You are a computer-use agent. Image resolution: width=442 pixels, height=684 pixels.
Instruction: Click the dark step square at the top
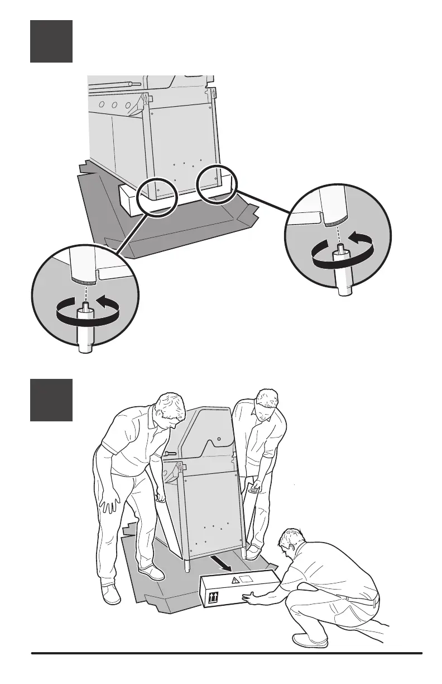pos(51,41)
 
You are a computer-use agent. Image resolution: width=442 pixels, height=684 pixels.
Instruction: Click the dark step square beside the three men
pos(51,400)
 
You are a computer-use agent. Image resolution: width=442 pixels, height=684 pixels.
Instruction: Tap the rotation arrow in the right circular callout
pos(338,253)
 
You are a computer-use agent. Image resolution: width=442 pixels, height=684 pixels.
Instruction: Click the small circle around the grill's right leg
pos(217,184)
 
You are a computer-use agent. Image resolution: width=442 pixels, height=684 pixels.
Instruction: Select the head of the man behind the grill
pos(265,403)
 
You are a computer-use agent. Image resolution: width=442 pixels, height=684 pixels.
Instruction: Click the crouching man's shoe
pos(309,640)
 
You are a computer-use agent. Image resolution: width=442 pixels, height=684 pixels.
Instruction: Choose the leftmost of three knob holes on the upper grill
pos(102,104)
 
